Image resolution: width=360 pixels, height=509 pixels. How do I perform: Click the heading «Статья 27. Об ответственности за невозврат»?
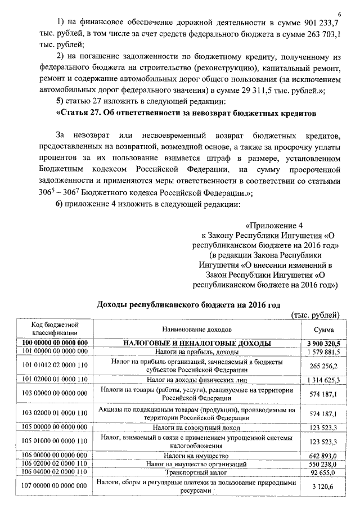tap(186, 113)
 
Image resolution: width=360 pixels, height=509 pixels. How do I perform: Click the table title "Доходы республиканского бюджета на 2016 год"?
tap(188, 304)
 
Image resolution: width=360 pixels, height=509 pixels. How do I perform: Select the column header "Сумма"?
tap(323, 329)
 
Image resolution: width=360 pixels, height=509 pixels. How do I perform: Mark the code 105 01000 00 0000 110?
tap(54, 440)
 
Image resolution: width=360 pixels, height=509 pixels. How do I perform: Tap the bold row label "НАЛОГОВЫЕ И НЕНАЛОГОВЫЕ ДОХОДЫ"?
tap(197, 343)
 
